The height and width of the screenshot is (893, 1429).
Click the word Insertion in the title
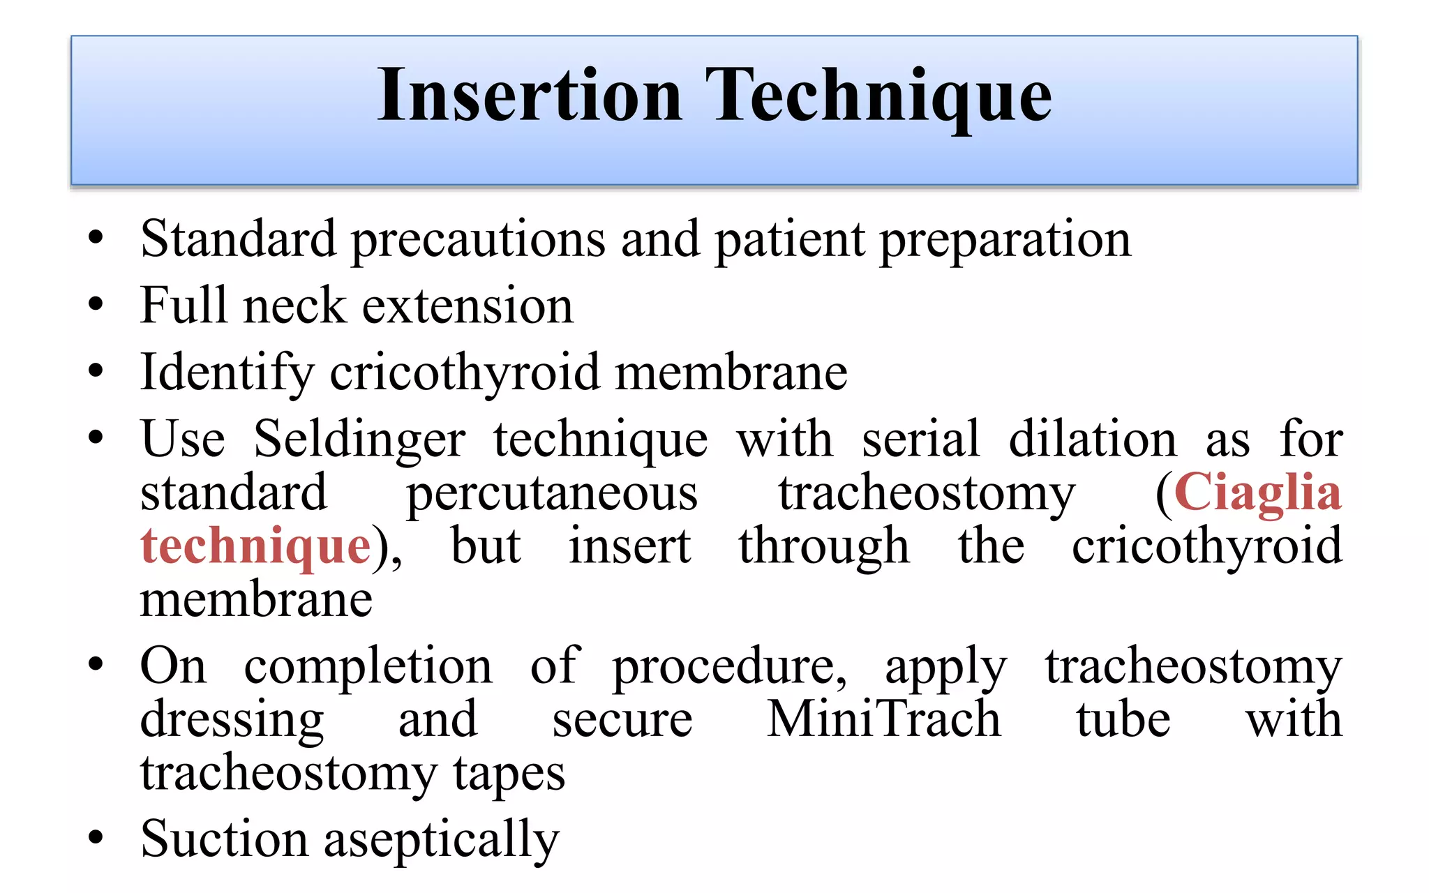click(529, 96)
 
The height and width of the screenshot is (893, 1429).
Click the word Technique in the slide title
click(878, 96)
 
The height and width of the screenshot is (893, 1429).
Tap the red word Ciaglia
click(1257, 493)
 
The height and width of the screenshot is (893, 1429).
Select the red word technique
click(255, 546)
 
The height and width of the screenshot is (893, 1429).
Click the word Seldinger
click(359, 440)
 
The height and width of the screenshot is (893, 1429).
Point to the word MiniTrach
click(884, 719)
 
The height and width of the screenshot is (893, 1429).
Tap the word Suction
click(224, 839)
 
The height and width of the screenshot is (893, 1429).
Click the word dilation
click(1093, 440)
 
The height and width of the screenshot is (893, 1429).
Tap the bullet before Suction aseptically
click(96, 837)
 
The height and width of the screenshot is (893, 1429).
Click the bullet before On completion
click(96, 664)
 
